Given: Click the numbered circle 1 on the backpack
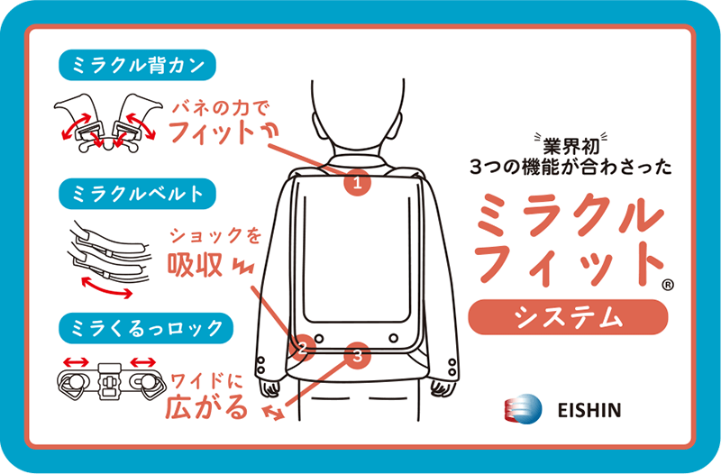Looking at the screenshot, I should tap(358, 183).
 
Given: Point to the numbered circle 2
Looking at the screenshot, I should tap(303, 345).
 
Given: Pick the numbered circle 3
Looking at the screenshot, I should tap(358, 355).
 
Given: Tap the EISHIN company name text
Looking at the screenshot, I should tap(588, 410).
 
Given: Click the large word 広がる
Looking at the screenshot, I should tap(206, 407).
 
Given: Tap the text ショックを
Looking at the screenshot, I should tap(216, 236).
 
